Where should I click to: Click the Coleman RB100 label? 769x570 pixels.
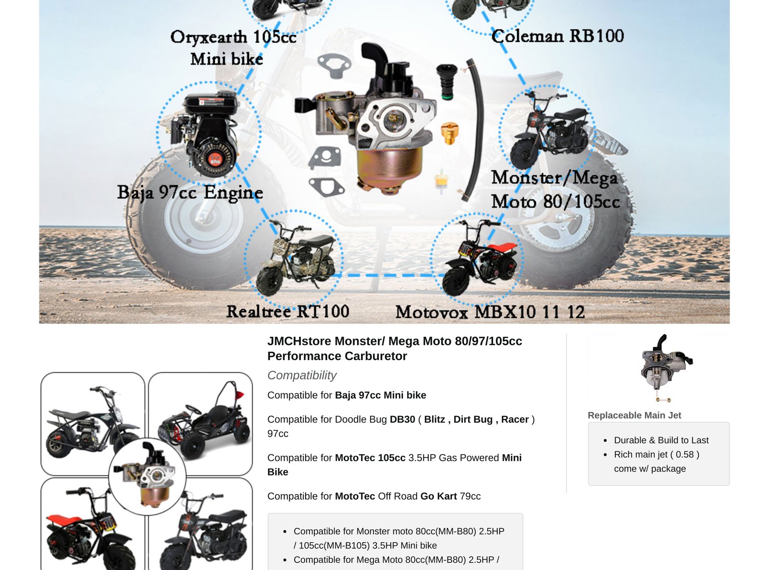click(558, 36)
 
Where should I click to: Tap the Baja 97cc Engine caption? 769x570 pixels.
click(190, 193)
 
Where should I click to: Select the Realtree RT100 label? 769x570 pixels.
click(288, 311)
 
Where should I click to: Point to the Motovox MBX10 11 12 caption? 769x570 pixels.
click(490, 312)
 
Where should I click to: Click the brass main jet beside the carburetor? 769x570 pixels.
click(450, 133)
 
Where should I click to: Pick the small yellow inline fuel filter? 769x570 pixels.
click(441, 181)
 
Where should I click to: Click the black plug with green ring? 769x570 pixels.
click(447, 82)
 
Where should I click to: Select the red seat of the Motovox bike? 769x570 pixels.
click(502, 248)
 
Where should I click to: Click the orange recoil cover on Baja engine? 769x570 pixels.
click(215, 160)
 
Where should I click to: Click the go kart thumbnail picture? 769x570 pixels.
click(200, 424)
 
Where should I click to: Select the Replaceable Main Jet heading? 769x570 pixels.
click(634, 415)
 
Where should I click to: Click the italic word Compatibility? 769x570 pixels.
click(302, 375)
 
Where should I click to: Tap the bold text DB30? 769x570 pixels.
click(402, 419)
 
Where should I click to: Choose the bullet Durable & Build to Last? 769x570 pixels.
click(661, 440)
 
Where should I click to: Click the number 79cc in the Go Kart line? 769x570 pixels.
click(470, 496)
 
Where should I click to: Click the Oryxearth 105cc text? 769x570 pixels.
click(233, 37)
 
